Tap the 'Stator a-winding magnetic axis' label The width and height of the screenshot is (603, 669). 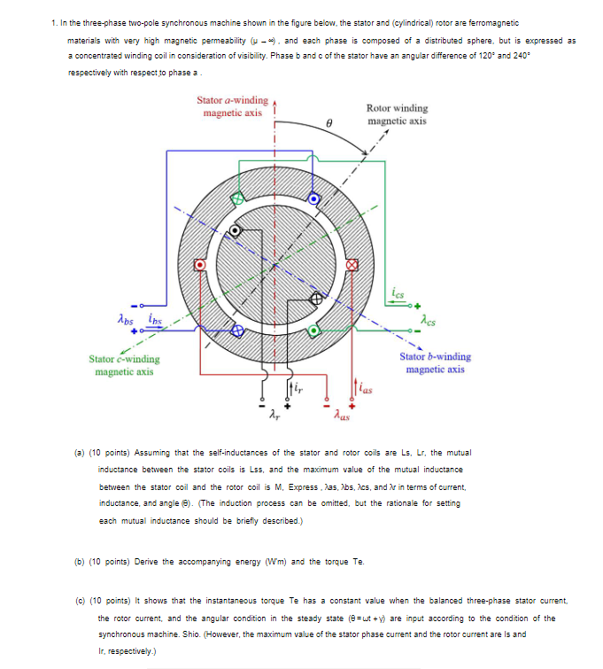232,107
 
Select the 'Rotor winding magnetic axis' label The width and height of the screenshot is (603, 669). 397,114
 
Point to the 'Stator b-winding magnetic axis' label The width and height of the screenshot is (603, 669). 436,363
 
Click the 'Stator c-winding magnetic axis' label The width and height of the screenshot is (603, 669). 125,365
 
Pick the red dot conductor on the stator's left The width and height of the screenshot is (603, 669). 201,264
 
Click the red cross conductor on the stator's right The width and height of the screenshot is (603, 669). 352,264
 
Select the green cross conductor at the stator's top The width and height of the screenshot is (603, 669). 237,198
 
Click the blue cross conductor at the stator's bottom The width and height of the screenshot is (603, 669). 237,331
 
